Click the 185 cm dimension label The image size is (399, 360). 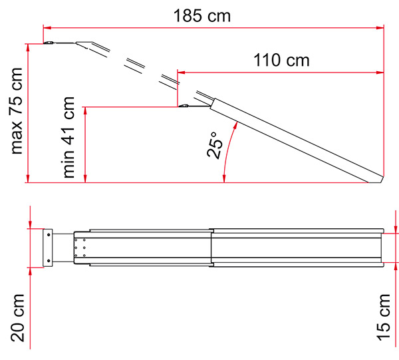202,16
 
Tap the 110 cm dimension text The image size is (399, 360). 281,61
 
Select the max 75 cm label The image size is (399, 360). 17,111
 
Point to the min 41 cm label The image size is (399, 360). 68,137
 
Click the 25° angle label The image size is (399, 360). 215,145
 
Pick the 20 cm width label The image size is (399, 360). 17,318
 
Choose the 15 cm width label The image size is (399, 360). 383,317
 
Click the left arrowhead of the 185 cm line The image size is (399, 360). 47,27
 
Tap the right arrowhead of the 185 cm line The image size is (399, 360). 380,27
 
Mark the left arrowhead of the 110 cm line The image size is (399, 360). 181,73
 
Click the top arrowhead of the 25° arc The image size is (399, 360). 236,125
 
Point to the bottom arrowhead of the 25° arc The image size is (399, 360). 224,179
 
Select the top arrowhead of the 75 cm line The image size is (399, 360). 28,48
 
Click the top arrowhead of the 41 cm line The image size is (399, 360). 86,111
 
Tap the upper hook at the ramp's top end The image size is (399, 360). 49,43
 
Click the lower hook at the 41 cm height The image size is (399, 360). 184,105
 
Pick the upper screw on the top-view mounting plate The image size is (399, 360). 49,235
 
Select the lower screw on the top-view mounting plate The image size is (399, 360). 49,261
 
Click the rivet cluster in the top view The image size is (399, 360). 80,248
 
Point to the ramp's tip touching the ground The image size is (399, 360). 368,182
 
